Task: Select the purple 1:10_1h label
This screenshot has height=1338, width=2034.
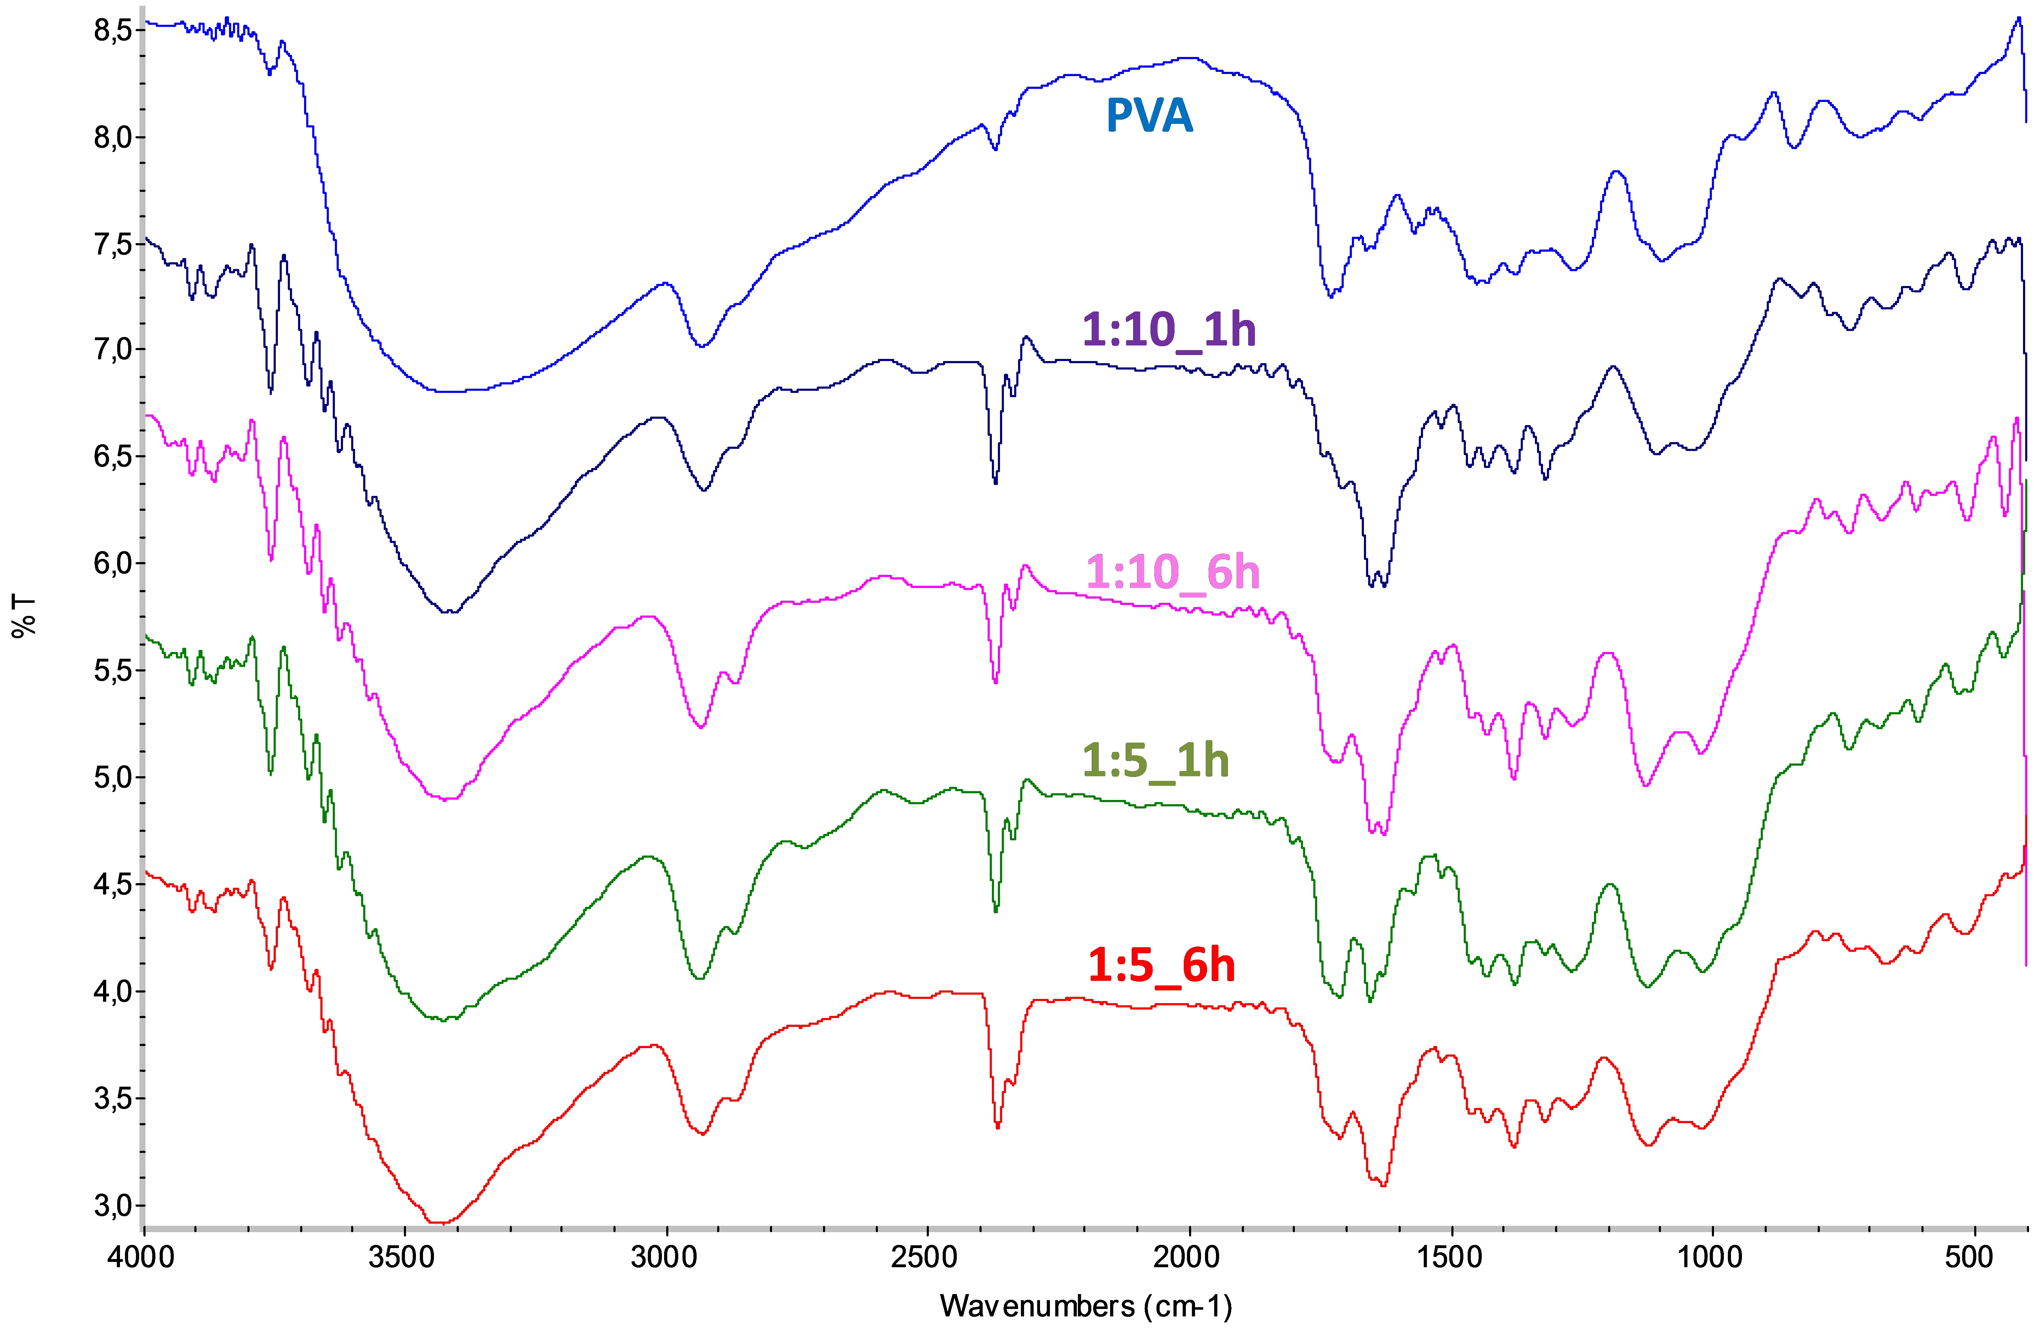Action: coord(1168,329)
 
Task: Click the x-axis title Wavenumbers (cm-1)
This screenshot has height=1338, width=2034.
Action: coord(1085,1305)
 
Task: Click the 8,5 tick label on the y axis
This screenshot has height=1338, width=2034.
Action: coord(113,31)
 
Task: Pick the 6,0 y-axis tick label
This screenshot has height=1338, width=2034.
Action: coord(113,564)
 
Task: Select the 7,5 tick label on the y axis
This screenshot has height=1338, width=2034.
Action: coord(113,244)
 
